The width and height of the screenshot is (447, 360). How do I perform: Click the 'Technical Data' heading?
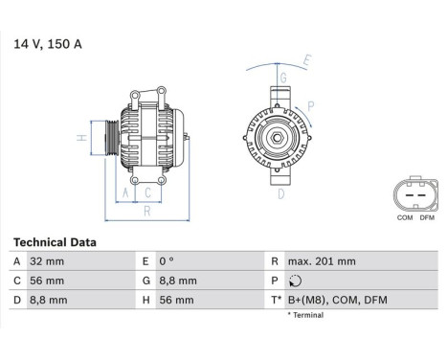tap(54, 243)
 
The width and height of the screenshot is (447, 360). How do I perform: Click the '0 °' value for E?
tap(168, 261)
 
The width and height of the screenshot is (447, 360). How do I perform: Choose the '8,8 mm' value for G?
tap(179, 281)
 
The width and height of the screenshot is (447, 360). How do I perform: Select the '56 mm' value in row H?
tap(177, 301)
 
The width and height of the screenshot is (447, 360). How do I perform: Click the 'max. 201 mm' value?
tap(322, 261)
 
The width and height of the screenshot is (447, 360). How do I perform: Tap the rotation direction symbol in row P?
tap(294, 281)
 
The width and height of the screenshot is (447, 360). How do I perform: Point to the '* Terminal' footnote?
tap(305, 315)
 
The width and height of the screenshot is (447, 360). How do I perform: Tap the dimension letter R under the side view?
tap(145, 212)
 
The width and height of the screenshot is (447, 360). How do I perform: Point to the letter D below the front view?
tap(280, 193)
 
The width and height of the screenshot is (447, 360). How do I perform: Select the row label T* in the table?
tap(276, 301)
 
